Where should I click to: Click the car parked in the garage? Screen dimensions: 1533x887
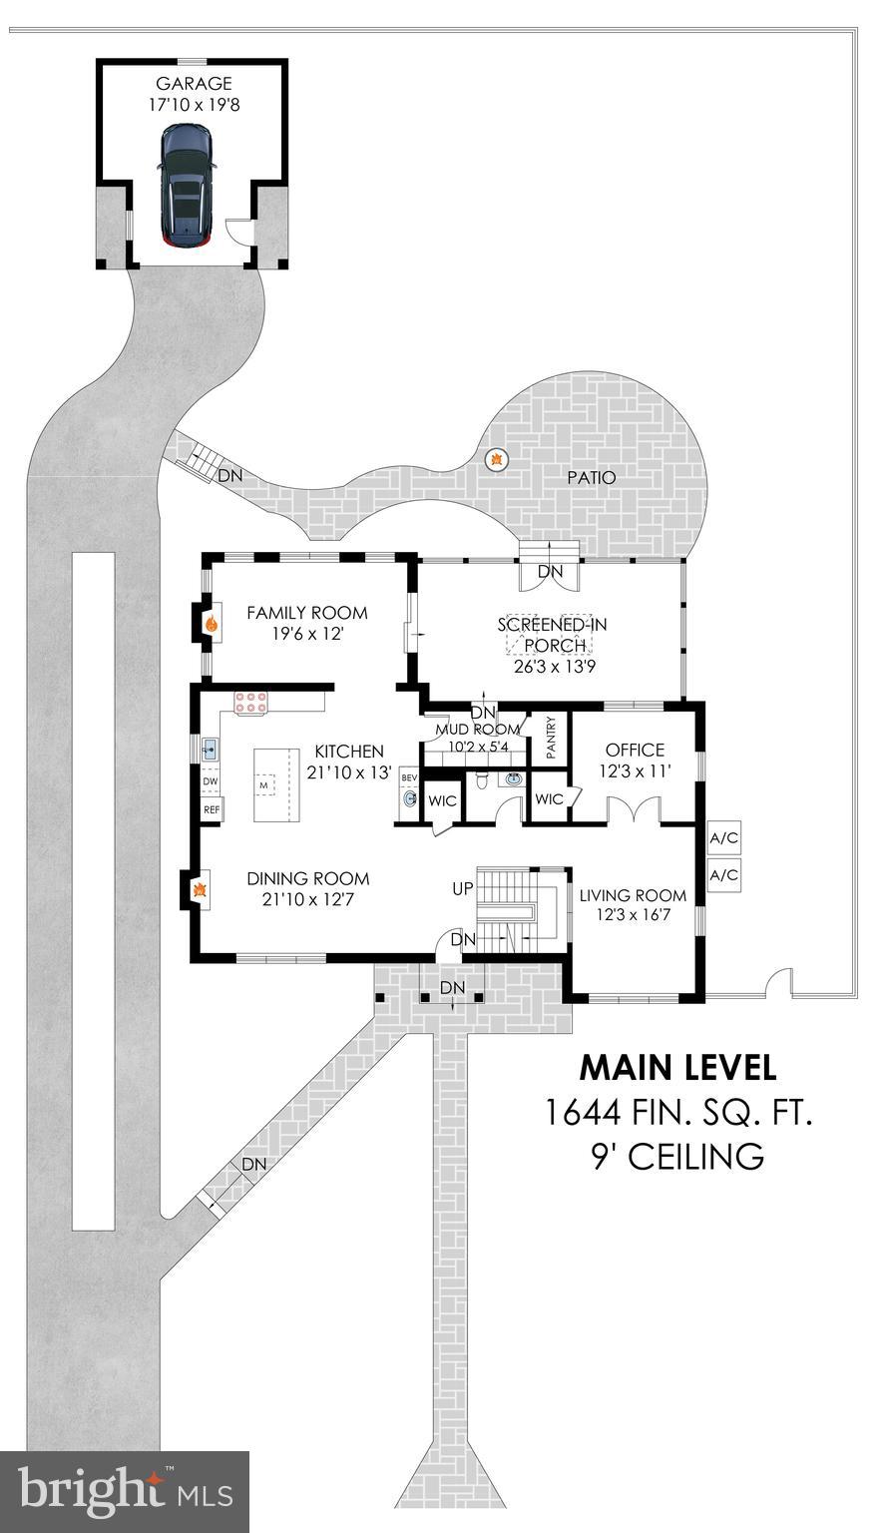186,186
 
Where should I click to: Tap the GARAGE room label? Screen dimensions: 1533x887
194,84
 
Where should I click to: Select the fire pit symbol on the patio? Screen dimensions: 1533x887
496,460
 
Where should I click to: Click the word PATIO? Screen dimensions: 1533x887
592,478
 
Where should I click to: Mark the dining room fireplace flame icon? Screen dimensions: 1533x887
200,888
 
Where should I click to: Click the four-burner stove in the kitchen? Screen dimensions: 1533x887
251,703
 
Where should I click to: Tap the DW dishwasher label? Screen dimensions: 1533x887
211,781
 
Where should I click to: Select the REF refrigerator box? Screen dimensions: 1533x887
212,810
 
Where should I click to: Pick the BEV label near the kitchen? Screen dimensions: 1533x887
409,777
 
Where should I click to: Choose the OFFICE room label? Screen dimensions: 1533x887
635,750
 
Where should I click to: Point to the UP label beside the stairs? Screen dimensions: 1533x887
463,887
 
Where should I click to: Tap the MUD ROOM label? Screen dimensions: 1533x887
478,730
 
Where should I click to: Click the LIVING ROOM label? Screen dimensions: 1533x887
633,895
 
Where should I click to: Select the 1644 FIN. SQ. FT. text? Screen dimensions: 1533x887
677,1112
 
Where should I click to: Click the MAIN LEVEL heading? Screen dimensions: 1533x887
677,1068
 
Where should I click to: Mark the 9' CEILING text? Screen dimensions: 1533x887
677,1156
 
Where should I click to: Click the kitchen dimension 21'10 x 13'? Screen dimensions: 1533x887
348,771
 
